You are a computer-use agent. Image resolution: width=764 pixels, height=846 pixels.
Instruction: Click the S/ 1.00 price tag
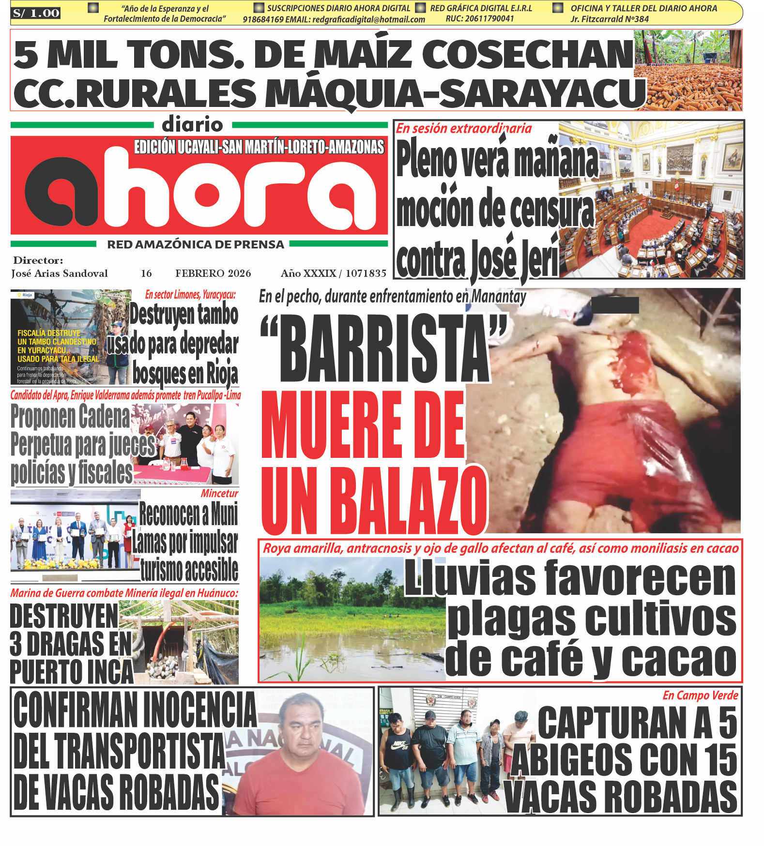point(36,13)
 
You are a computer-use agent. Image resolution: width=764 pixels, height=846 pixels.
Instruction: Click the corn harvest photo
point(688,71)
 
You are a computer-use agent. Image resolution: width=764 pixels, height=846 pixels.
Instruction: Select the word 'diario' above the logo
point(192,124)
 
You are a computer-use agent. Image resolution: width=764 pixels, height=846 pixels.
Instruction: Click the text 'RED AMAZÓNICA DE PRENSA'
point(196,244)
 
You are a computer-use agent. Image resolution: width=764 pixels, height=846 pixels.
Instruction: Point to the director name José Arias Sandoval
point(60,273)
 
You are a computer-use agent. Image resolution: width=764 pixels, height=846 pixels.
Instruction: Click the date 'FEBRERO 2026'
point(213,273)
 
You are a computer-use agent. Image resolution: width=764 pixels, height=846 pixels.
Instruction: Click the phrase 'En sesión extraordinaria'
point(464,129)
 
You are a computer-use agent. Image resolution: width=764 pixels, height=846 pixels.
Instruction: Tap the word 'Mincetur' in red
point(219,494)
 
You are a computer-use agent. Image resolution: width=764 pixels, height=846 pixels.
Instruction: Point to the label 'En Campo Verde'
point(700,695)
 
